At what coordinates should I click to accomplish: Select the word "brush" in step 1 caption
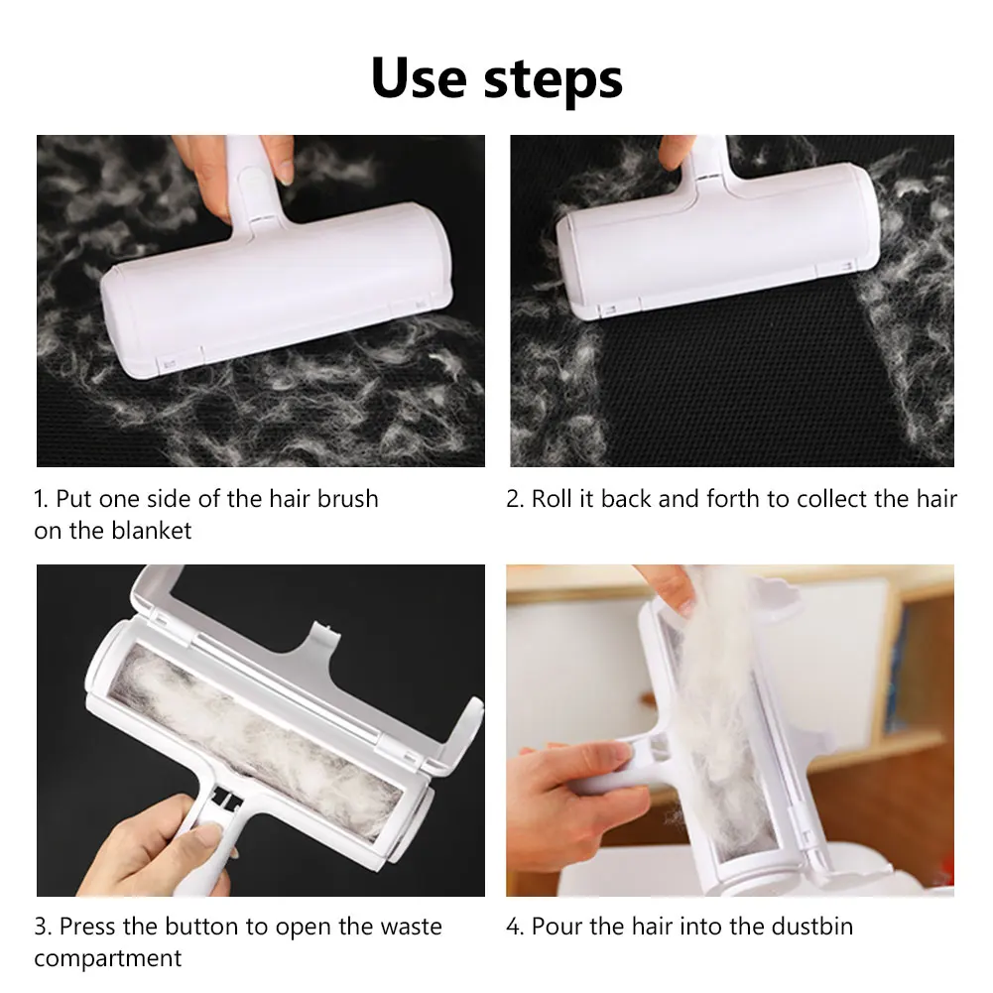[x=347, y=498]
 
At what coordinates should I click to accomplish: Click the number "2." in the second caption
[x=515, y=498]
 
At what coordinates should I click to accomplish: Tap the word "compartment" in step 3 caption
[x=108, y=959]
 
